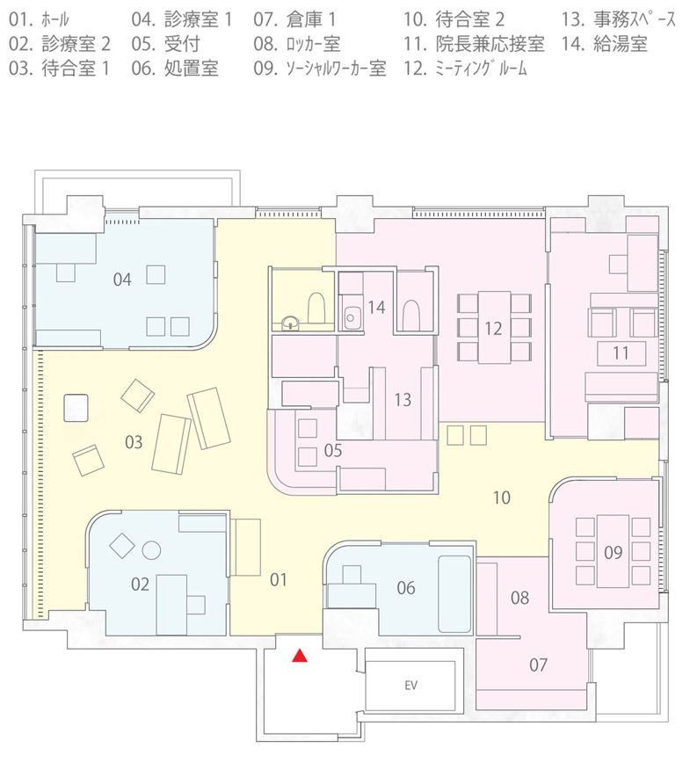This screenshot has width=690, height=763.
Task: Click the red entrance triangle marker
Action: [x=300, y=657]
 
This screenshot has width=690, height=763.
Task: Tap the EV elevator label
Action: [x=410, y=685]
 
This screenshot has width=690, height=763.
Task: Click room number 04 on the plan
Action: [x=122, y=280]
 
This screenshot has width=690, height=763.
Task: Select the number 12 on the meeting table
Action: [x=493, y=329]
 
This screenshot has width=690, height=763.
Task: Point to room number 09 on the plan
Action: [x=614, y=552]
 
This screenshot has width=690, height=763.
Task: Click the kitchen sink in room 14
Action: [x=351, y=317]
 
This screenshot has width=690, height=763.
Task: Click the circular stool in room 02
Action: [x=151, y=550]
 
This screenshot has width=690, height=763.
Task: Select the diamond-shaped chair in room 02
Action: [x=121, y=546]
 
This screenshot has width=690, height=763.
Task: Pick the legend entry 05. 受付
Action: [x=165, y=44]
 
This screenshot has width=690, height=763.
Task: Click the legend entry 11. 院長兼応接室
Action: [x=474, y=44]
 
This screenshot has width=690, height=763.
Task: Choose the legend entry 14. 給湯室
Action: [x=605, y=44]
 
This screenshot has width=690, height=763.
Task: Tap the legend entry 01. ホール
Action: [x=39, y=19]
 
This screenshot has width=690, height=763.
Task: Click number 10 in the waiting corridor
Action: [x=501, y=498]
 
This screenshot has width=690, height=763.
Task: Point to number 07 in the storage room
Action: [x=538, y=665]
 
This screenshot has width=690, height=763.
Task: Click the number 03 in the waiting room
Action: [x=134, y=442]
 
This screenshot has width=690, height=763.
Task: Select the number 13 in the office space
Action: [x=403, y=399]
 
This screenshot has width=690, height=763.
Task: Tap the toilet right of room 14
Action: [x=411, y=314]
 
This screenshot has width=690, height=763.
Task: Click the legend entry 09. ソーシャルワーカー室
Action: [x=320, y=69]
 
